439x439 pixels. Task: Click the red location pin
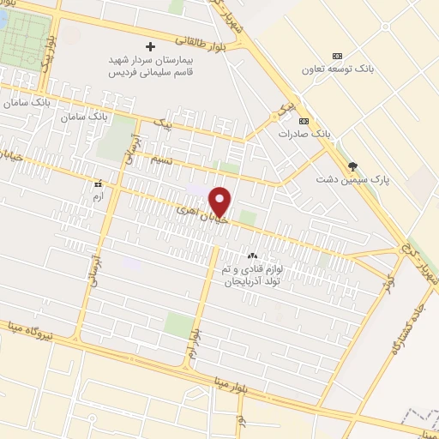221,201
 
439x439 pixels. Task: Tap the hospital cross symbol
151,46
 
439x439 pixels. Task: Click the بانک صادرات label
304,135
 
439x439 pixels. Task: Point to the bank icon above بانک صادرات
304,121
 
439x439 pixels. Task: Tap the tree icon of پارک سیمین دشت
352,165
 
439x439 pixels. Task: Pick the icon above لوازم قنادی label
252,256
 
